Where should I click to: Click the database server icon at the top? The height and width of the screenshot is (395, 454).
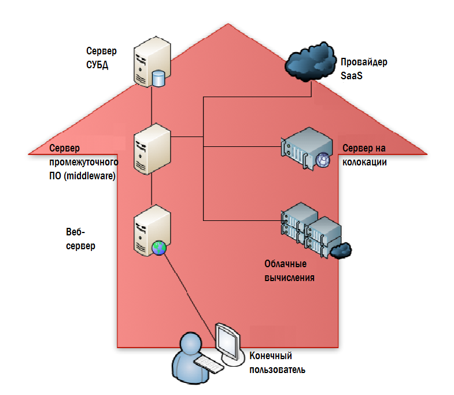point(152,62)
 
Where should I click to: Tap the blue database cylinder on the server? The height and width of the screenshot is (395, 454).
point(158,79)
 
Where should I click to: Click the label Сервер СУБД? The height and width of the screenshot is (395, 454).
point(101,58)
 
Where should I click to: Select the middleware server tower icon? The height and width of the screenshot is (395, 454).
point(152,149)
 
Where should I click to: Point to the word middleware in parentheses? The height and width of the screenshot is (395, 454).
point(90,176)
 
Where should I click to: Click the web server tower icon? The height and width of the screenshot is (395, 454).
point(152,231)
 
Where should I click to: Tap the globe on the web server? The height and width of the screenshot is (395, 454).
point(159,248)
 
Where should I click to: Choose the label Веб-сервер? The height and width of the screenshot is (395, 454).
point(80,239)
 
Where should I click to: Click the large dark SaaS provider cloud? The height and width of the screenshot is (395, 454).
point(311,62)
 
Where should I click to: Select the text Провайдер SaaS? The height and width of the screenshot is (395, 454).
point(364,69)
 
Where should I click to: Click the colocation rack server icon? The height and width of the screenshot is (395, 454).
point(307,149)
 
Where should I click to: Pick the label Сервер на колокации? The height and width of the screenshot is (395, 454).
point(364,155)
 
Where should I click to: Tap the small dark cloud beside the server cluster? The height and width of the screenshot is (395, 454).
point(341,250)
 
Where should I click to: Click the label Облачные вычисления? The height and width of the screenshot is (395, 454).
point(289,271)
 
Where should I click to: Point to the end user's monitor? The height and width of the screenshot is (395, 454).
point(228,342)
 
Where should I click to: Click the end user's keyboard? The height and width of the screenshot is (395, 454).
point(208,364)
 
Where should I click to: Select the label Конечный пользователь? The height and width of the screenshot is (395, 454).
point(277,363)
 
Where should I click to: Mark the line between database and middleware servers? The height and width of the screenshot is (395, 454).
point(152,105)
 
